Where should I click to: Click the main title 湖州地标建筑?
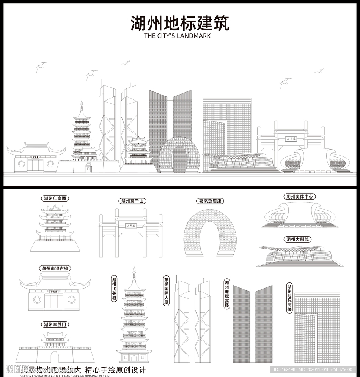click(180, 23)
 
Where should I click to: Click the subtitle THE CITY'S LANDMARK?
click(177, 36)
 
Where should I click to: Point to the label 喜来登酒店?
click(210, 201)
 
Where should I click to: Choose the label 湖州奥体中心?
click(300, 197)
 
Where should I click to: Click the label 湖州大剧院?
click(298, 239)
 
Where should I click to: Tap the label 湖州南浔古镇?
click(55, 268)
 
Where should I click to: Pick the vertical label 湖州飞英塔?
click(114, 289)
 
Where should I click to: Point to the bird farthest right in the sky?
click(319, 71)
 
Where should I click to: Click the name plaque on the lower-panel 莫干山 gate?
click(131, 226)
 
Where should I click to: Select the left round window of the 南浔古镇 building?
click(37, 300)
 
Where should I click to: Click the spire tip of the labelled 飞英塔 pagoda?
click(134, 268)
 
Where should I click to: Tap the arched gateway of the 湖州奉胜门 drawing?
click(55, 357)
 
